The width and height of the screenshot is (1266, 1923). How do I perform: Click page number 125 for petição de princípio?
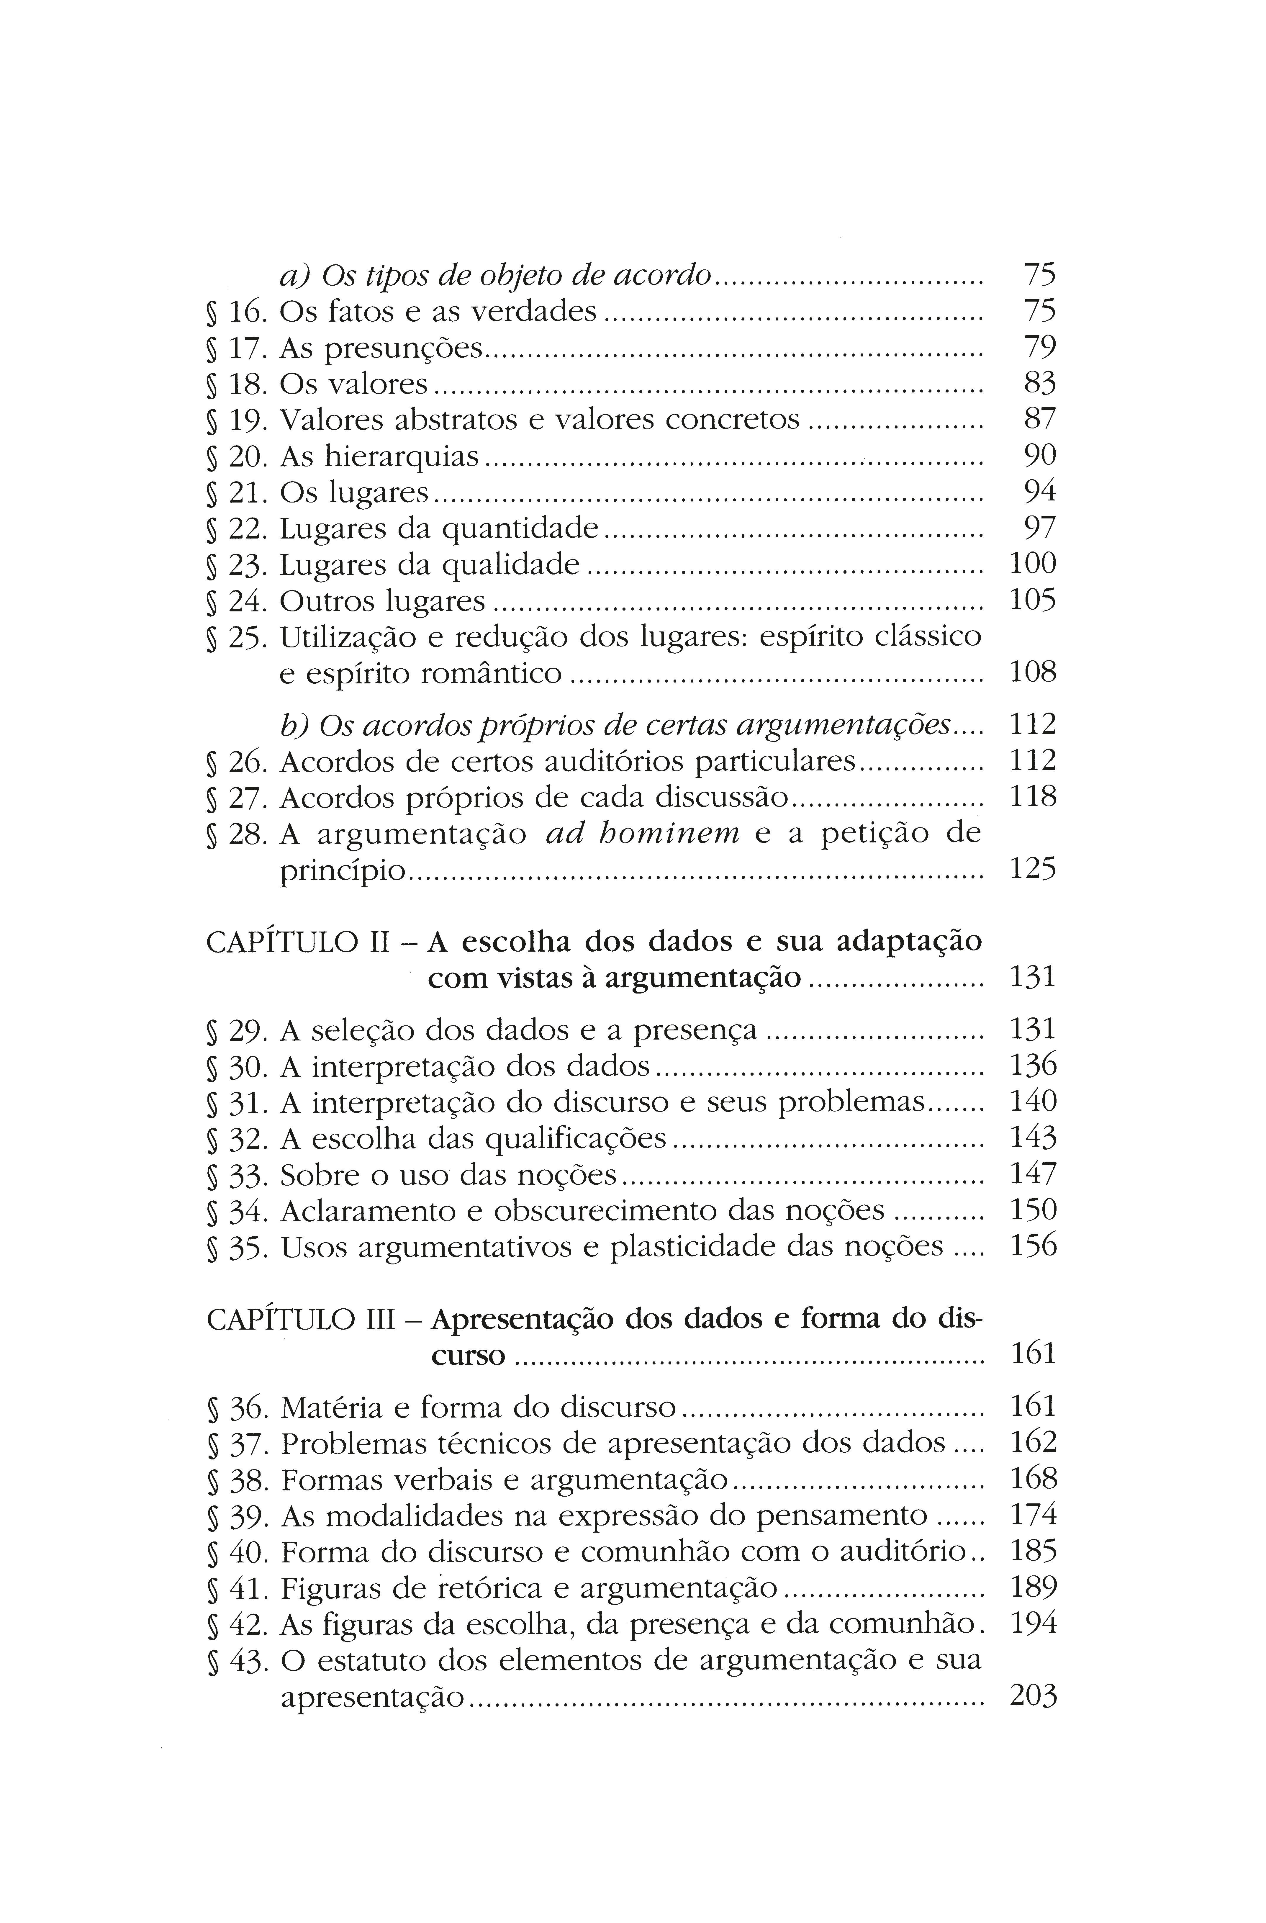[1033, 869]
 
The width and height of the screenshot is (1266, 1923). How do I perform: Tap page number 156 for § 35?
[1033, 1246]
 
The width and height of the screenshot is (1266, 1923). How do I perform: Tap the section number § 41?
[236, 1589]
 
